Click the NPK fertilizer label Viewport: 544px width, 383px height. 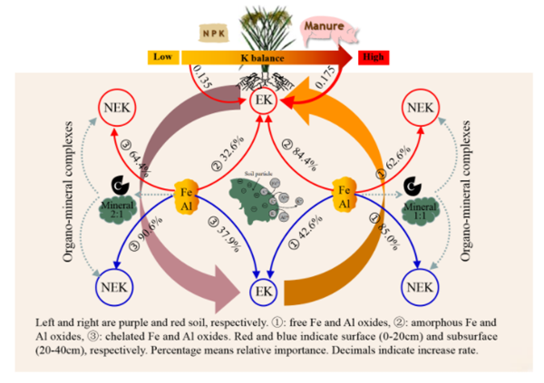pyautogui.click(x=211, y=34)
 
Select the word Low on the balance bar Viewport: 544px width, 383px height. pyautogui.click(x=163, y=57)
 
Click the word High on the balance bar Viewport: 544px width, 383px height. pyautogui.click(x=372, y=57)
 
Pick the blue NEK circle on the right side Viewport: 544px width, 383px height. pyautogui.click(x=420, y=288)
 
